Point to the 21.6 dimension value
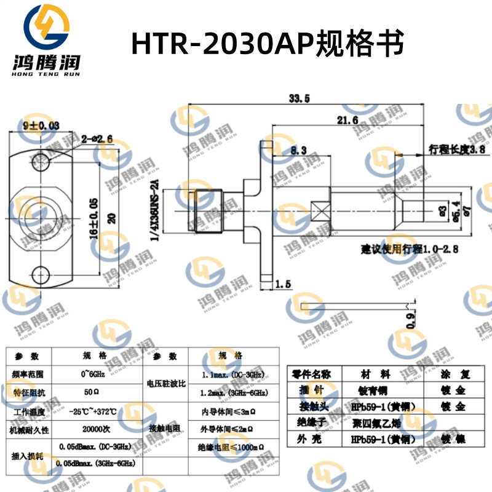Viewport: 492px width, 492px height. pyautogui.click(x=347, y=121)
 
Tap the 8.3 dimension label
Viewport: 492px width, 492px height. pyautogui.click(x=298, y=149)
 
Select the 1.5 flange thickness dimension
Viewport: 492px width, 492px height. pyautogui.click(x=283, y=284)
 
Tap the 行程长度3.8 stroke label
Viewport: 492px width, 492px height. pyautogui.click(x=458, y=149)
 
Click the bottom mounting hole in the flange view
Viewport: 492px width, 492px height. pyautogui.click(x=42, y=272)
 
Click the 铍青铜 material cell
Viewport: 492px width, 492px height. pyautogui.click(x=375, y=391)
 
